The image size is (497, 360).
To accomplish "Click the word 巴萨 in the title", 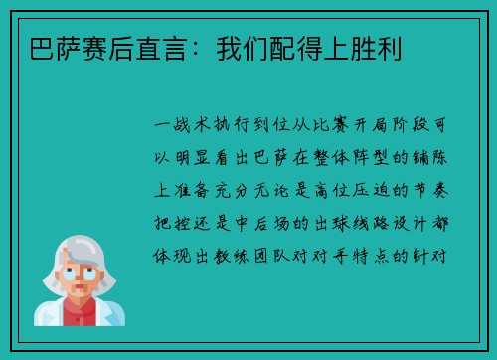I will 44,47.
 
